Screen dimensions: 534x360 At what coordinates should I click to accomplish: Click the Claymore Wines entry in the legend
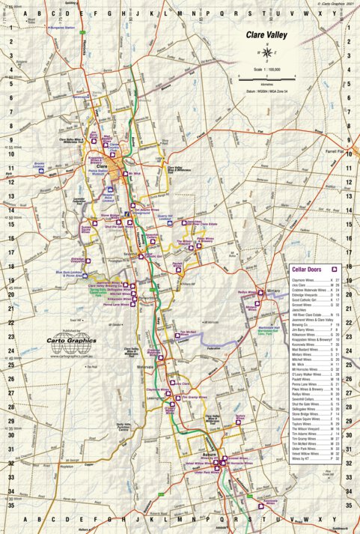(302, 279)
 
